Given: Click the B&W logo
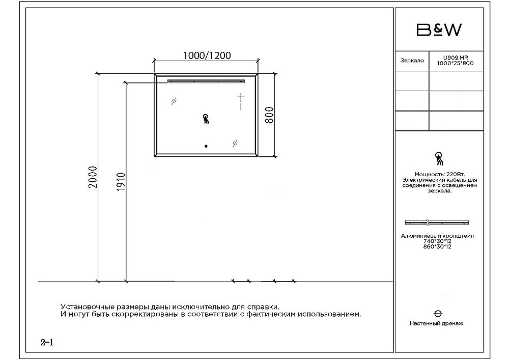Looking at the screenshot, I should (x=439, y=30).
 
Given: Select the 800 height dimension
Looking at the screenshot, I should (x=270, y=115).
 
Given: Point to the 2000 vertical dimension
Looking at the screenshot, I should (x=92, y=177).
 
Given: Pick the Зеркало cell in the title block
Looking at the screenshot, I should (x=412, y=61).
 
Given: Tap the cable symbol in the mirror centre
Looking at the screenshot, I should (x=206, y=119).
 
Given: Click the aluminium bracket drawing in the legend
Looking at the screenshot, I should (x=437, y=223).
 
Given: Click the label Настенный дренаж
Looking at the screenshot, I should (x=436, y=323).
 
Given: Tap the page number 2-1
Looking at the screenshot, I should (x=47, y=342).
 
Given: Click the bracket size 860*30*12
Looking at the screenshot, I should (x=438, y=246).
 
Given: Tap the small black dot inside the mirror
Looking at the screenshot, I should (x=206, y=146).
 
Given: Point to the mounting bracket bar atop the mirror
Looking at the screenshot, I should (x=207, y=80).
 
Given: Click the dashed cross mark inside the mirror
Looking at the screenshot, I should (x=241, y=101).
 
